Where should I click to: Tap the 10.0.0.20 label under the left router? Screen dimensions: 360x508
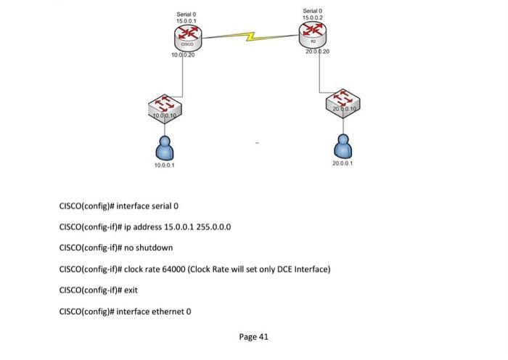(x=183, y=54)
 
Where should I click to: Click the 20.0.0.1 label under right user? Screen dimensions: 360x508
(x=343, y=164)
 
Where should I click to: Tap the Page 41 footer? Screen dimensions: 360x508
(x=253, y=337)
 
